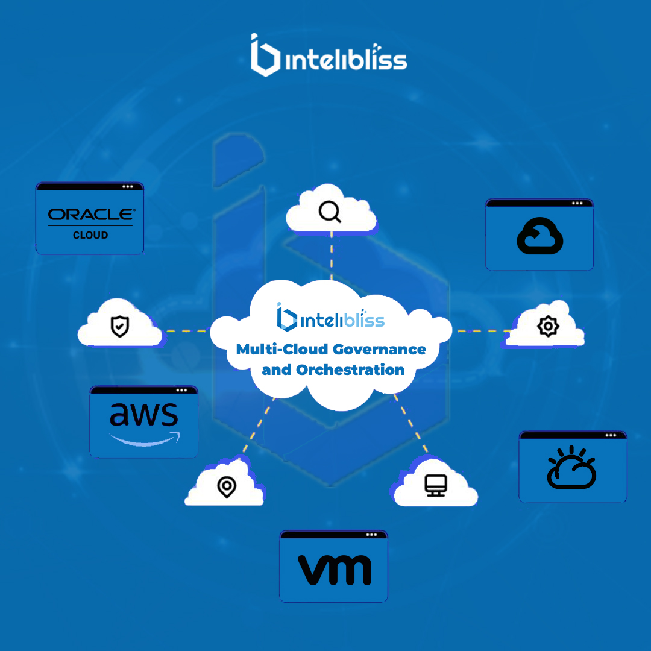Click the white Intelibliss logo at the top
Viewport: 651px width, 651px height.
pos(329,55)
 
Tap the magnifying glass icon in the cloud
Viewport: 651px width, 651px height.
pos(330,212)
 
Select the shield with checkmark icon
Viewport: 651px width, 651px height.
pos(120,326)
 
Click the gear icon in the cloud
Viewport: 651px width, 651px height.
pos(548,326)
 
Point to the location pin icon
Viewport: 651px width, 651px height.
pos(227,487)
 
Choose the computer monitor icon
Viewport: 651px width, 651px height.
pos(436,485)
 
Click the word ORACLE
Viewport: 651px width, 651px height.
pos(92,214)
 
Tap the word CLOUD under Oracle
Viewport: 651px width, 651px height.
pos(90,236)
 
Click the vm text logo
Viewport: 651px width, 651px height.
pos(335,570)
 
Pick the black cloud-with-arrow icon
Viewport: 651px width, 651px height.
pos(539,236)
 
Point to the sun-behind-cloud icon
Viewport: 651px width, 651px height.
pos(571,467)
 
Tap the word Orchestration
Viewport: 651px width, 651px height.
pos(350,370)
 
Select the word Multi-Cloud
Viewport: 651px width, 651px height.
pos(282,350)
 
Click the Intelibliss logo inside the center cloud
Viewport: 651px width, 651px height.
pos(331,318)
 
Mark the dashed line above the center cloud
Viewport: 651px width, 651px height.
pos(332,256)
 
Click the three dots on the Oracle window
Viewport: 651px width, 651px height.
pos(127,187)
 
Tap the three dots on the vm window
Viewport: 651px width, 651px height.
pos(371,535)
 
